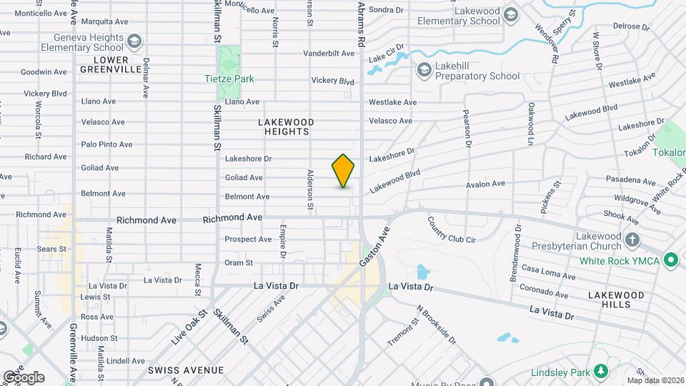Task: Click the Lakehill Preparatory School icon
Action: pyautogui.click(x=424, y=69)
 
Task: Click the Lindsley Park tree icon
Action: pyautogui.click(x=601, y=371)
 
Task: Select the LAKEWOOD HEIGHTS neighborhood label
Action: pyautogui.click(x=285, y=127)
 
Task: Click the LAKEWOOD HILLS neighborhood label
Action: pyautogui.click(x=616, y=299)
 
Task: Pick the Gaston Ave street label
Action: pyautogui.click(x=376, y=248)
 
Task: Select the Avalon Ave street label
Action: pyautogui.click(x=485, y=184)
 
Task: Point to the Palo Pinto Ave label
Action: pyautogui.click(x=106, y=144)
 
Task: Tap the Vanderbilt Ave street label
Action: pyautogui.click(x=329, y=54)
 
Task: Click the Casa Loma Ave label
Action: pyautogui.click(x=548, y=272)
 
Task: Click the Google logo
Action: pyautogui.click(x=24, y=377)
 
